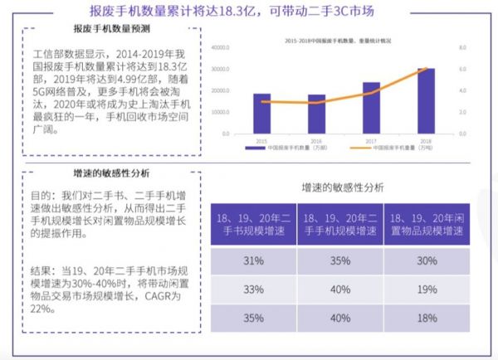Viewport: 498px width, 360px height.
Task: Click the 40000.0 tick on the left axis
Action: point(221,48)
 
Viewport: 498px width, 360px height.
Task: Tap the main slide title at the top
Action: point(248,10)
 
